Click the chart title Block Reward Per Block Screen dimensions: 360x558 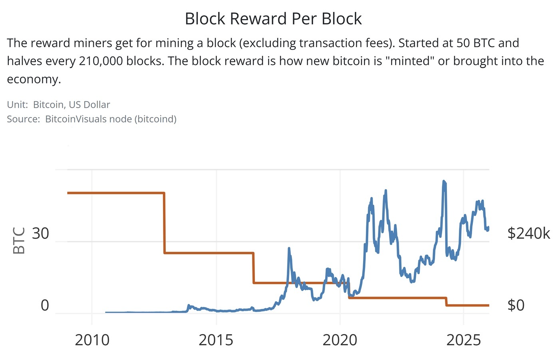point(273,19)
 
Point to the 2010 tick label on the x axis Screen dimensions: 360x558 point(92,340)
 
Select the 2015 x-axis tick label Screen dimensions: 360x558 point(216,340)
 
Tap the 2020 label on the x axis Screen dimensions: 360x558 point(340,340)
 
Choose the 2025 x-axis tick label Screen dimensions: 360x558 point(463,340)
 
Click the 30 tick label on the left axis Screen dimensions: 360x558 point(40,233)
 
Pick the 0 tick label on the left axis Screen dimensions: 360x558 point(45,305)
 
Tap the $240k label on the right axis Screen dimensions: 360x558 point(528,233)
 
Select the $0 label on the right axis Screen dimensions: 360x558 point(516,305)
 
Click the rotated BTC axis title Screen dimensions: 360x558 point(19,241)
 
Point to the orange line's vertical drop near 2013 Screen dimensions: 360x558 point(164,223)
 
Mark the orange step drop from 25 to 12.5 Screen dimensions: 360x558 point(253,268)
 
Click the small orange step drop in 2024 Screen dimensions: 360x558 point(446,302)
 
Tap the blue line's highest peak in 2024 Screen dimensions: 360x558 point(444,182)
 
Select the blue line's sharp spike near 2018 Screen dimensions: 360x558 point(289,249)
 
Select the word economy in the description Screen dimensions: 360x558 point(34,79)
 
